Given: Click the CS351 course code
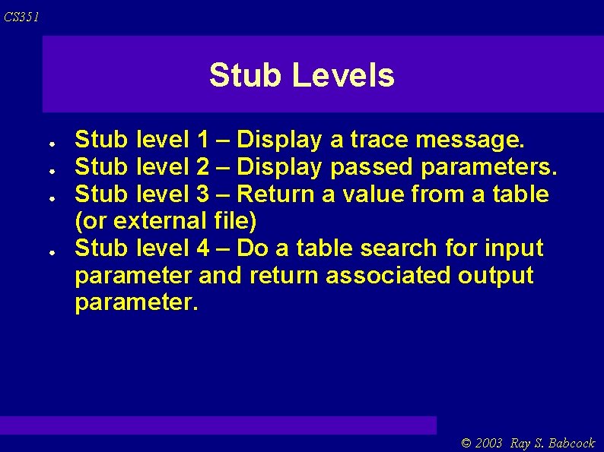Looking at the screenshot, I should pyautogui.click(x=21, y=17).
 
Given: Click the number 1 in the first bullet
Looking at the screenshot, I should pyautogui.click(x=202, y=140).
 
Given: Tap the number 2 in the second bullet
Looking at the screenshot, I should pyautogui.click(x=202, y=167).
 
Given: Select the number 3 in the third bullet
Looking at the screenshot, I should pyautogui.click(x=202, y=194).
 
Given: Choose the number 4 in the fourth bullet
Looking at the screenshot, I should pyautogui.click(x=202, y=248).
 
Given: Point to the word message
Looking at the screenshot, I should pyautogui.click(x=471, y=140).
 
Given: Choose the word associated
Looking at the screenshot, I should pyautogui.click(x=388, y=276).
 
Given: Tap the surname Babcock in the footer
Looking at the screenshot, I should pyautogui.click(x=570, y=443).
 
